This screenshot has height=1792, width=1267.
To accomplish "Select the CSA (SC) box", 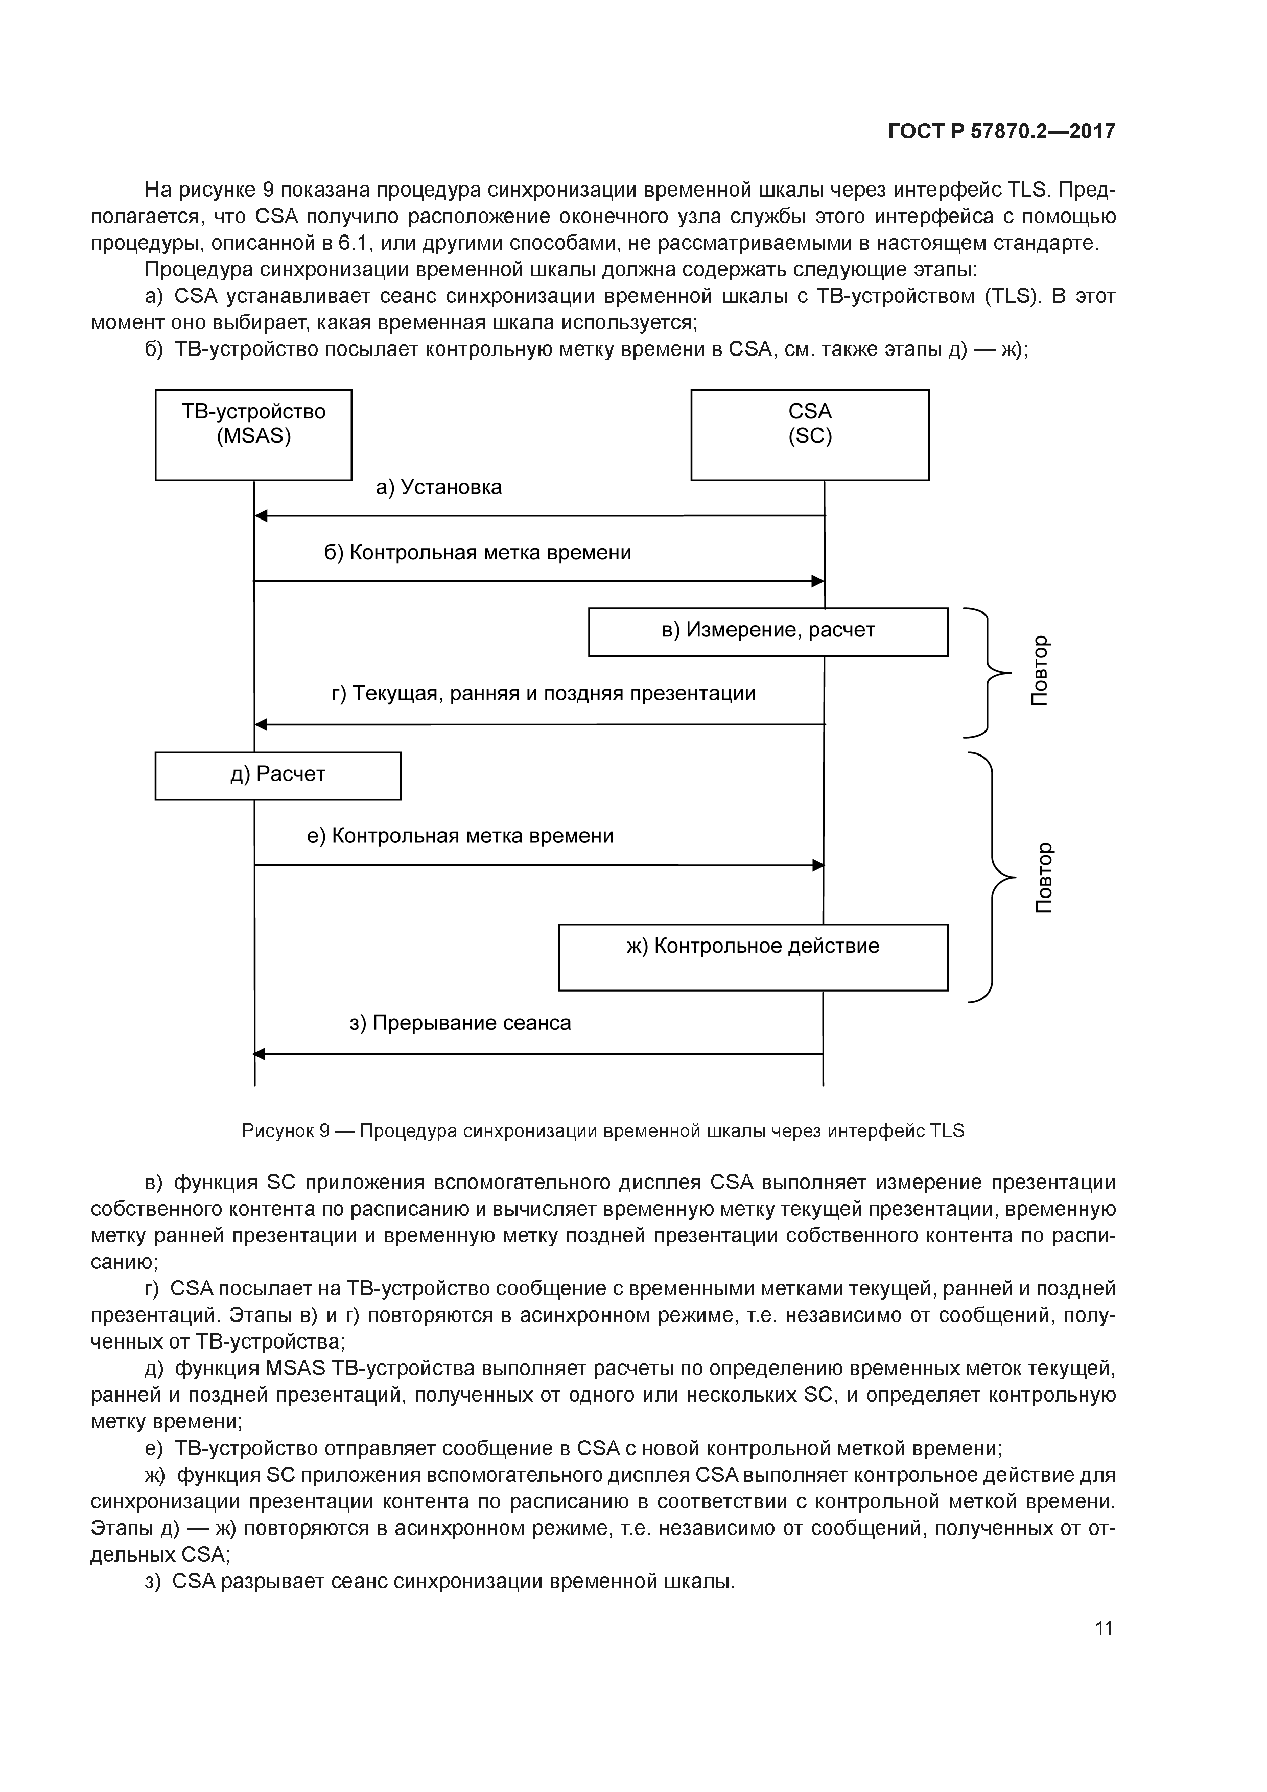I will click(810, 435).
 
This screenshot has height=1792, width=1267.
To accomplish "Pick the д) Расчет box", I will click(278, 776).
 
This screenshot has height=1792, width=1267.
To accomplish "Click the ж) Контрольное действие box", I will click(753, 957).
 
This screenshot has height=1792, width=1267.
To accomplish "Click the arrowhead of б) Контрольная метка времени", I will click(817, 581).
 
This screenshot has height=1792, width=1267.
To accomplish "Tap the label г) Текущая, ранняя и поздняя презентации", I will click(544, 693).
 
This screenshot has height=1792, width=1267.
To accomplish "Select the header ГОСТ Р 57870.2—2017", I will click(1001, 132).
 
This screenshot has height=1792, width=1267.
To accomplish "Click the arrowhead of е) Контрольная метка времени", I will click(817, 865).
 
